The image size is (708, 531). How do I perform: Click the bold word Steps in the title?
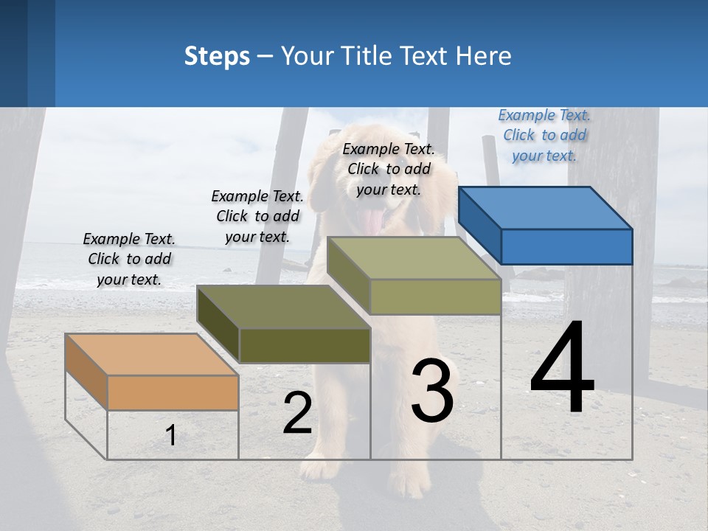click(217, 56)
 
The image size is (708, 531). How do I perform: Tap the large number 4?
click(562, 368)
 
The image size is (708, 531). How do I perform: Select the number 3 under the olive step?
click(431, 391)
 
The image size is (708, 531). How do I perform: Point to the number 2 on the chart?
click(297, 413)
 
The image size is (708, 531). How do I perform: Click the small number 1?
click(170, 435)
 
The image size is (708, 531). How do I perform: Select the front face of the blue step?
click(566, 246)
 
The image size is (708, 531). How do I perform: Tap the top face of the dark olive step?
click(283, 307)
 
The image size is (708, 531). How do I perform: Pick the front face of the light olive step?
click(435, 296)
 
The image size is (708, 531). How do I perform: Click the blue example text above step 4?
click(544, 135)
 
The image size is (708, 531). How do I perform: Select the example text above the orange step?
click(129, 259)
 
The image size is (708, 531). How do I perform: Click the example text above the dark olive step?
click(257, 216)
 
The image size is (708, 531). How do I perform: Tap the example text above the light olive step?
click(389, 169)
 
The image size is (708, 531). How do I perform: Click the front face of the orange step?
click(173, 392)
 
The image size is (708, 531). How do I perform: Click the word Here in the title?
click(485, 56)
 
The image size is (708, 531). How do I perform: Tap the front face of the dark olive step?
click(305, 345)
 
